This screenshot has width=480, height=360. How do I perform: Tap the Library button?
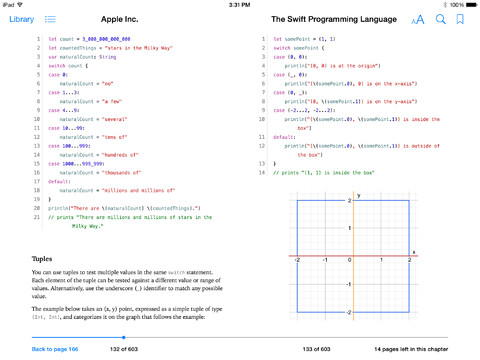click(20, 19)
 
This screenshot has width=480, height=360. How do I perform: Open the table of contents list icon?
click(50, 19)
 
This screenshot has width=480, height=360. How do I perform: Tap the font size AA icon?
click(418, 19)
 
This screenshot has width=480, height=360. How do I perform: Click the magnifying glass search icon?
click(440, 19)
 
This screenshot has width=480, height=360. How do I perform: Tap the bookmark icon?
click(460, 19)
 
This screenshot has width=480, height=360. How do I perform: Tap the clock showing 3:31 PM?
click(240, 4)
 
